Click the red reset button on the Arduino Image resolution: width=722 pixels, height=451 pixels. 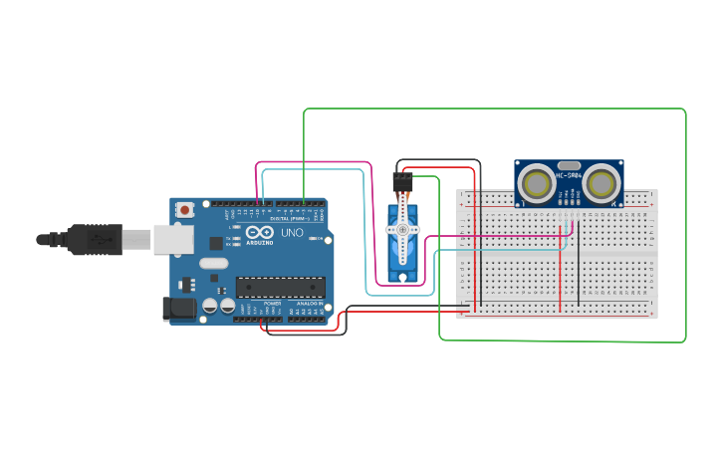pos(185,210)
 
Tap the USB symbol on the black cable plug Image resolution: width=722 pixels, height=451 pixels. pos(99,240)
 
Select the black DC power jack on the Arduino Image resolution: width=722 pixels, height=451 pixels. pos(179,309)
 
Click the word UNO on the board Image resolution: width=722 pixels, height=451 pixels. pos(292,233)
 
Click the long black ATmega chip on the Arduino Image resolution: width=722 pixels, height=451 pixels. pos(280,287)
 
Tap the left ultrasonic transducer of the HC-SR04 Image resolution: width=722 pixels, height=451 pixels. pos(538,183)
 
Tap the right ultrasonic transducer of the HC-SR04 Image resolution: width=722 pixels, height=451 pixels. pos(602,183)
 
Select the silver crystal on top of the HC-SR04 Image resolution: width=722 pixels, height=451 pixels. pos(570,165)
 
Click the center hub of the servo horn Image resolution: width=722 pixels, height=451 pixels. pos(402,230)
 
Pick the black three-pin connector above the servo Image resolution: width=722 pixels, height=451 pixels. pos(401,181)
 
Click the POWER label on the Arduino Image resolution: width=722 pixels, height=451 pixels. pos(272,303)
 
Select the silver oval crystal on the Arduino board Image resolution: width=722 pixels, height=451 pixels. pos(213,264)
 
